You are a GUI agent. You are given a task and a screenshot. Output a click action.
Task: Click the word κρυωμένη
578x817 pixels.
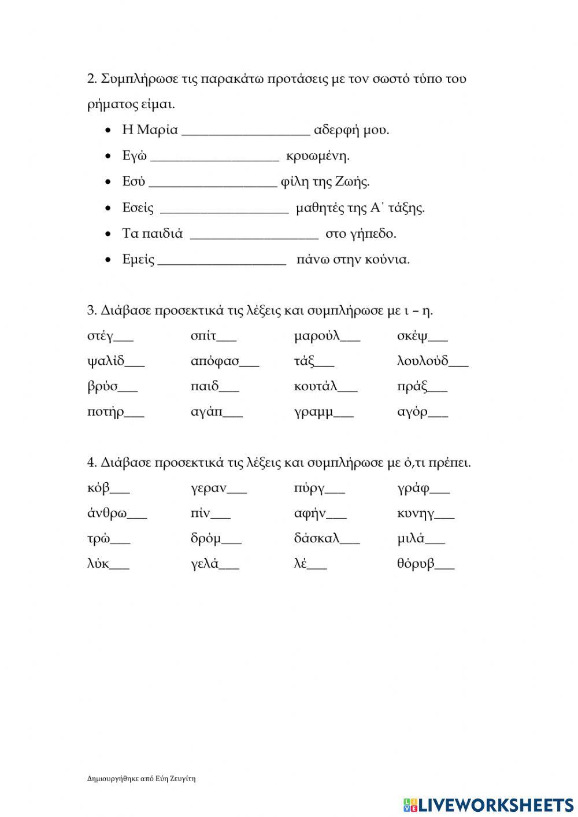pos(318,156)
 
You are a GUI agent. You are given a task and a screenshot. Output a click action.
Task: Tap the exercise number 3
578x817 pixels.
pos(91,310)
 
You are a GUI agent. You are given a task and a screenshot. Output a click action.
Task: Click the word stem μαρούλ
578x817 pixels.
pos(317,337)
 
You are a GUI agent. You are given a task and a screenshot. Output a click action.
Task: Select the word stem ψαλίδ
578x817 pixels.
pos(106,362)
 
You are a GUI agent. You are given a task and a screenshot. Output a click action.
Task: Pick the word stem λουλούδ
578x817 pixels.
pos(423,361)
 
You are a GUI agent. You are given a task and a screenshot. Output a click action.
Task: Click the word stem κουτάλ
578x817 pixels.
pos(315,387)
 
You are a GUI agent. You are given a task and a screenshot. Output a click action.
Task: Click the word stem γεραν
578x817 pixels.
pos(208,489)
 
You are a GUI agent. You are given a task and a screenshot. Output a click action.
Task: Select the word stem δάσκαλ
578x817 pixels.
pos(316,539)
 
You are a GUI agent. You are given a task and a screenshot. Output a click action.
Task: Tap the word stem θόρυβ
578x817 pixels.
pos(416,564)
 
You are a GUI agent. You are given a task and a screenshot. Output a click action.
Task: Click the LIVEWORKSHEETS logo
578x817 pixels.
pos(488,804)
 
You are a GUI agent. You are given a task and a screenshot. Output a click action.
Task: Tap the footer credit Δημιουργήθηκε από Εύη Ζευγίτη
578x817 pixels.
pos(141,779)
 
